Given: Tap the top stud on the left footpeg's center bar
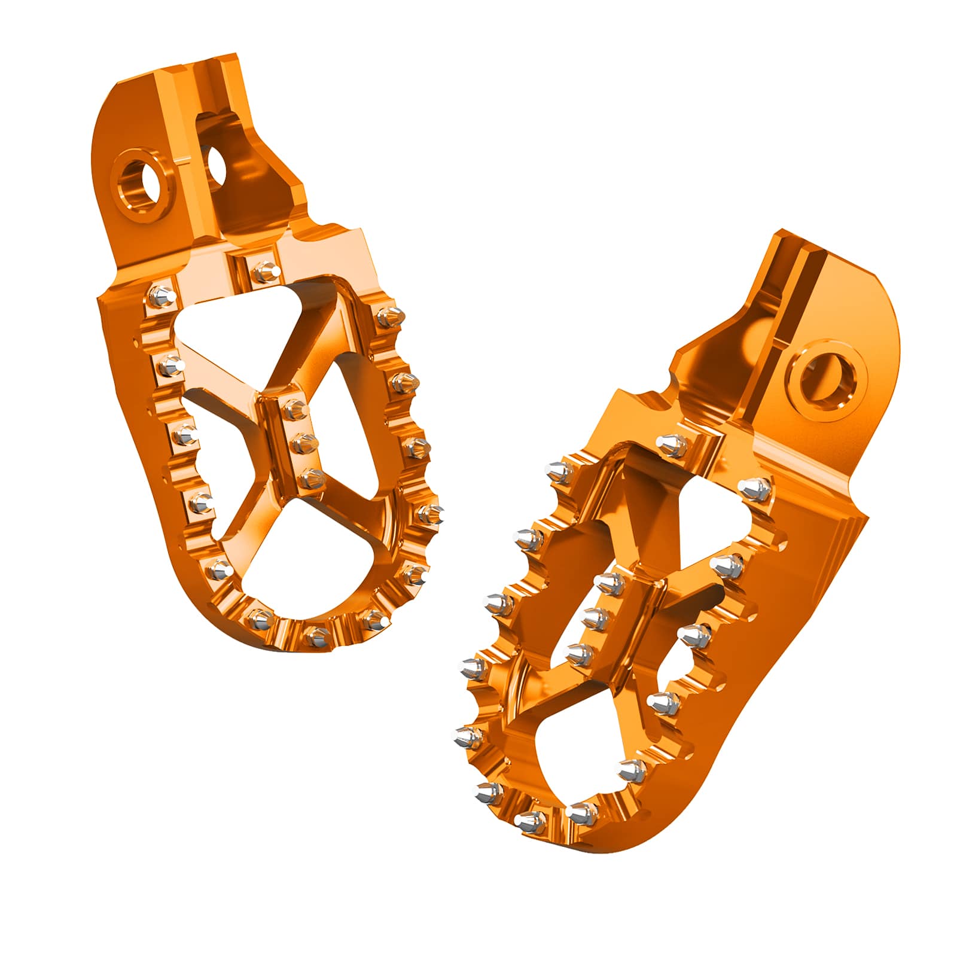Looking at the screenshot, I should (x=294, y=409).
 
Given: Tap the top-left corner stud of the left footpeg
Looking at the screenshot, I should (x=163, y=295).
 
